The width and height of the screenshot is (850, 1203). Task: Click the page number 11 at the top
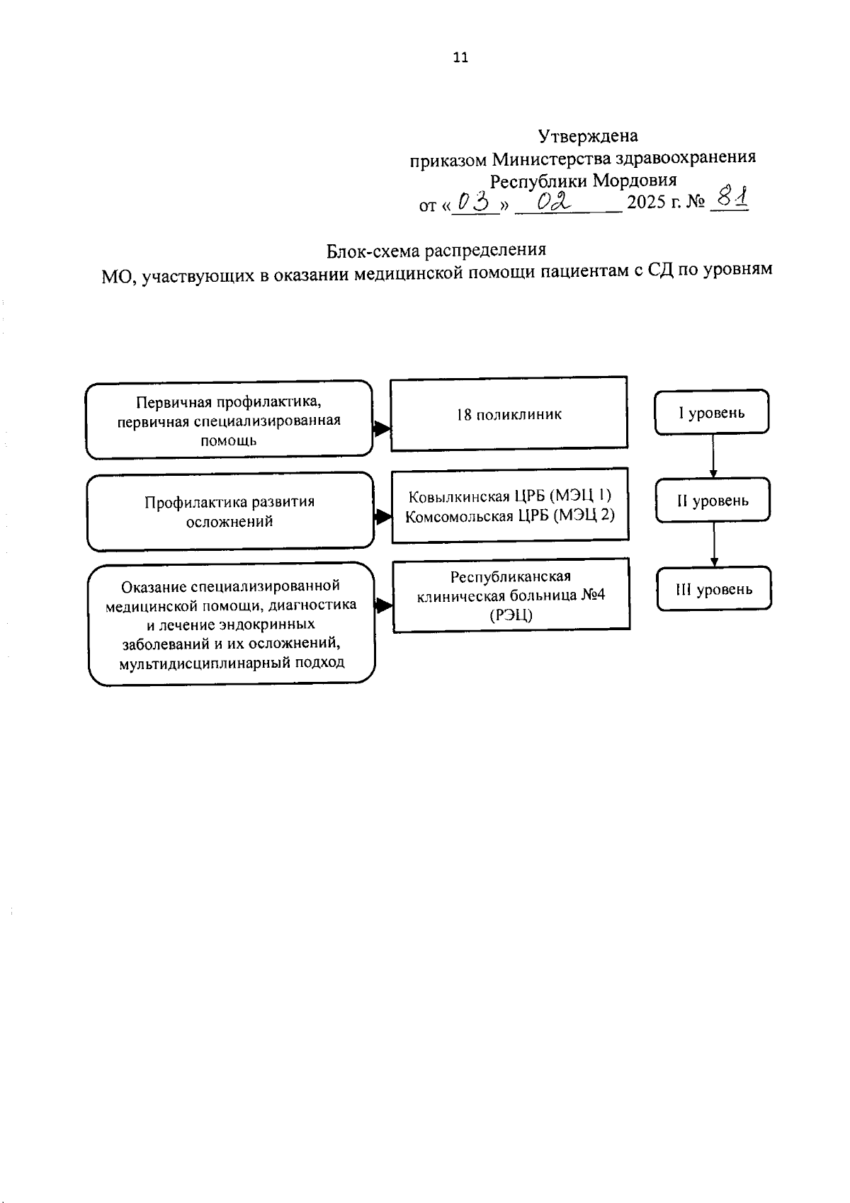pos(460,58)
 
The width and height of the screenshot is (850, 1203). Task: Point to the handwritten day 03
pos(475,203)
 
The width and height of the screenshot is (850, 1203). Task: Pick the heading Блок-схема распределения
pos(436,250)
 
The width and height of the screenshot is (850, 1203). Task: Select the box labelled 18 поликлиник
pos(509,414)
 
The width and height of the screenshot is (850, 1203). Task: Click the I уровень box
pos(712,412)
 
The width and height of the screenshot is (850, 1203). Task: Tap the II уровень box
pos(713,501)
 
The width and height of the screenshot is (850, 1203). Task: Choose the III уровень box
pos(713,589)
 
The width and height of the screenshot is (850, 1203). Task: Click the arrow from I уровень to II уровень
pos(713,456)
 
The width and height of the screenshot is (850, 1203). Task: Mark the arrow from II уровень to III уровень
pos(713,545)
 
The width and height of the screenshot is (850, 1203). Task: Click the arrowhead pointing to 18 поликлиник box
pos(382,428)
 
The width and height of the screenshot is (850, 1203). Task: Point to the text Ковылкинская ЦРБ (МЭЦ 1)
pos(509,496)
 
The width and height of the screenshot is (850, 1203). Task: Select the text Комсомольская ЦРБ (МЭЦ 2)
pos(509,515)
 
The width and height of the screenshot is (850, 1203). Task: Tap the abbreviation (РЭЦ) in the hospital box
pos(511,615)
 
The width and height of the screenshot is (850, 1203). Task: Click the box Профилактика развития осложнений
pos(229,511)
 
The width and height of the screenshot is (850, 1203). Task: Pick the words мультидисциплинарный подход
pos(232,663)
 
